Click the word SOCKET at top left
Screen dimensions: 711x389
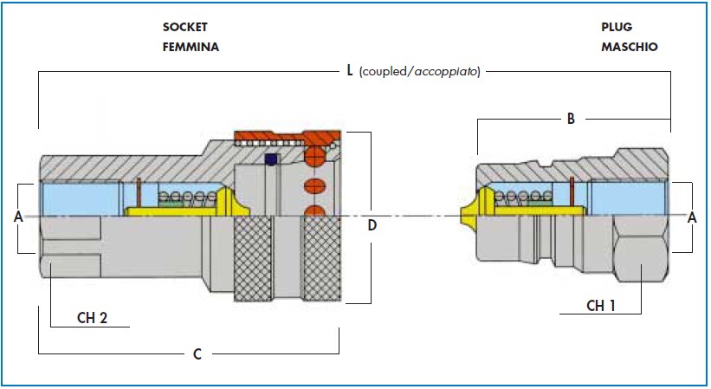(185, 27)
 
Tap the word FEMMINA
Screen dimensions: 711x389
(191, 47)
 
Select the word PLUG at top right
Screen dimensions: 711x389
(617, 27)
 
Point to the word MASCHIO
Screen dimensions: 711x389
(630, 47)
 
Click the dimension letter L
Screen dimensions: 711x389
(350, 70)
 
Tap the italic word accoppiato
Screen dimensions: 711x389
(446, 72)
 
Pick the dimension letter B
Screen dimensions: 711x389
(571, 119)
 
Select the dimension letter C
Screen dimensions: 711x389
(197, 354)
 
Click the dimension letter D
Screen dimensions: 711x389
(372, 225)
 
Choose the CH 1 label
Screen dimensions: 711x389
(601, 306)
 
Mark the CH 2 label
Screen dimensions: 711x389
(92, 318)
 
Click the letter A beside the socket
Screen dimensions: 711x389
(18, 217)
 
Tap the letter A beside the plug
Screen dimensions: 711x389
(692, 217)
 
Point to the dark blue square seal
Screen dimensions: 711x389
(271, 159)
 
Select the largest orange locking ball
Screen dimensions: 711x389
(315, 157)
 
